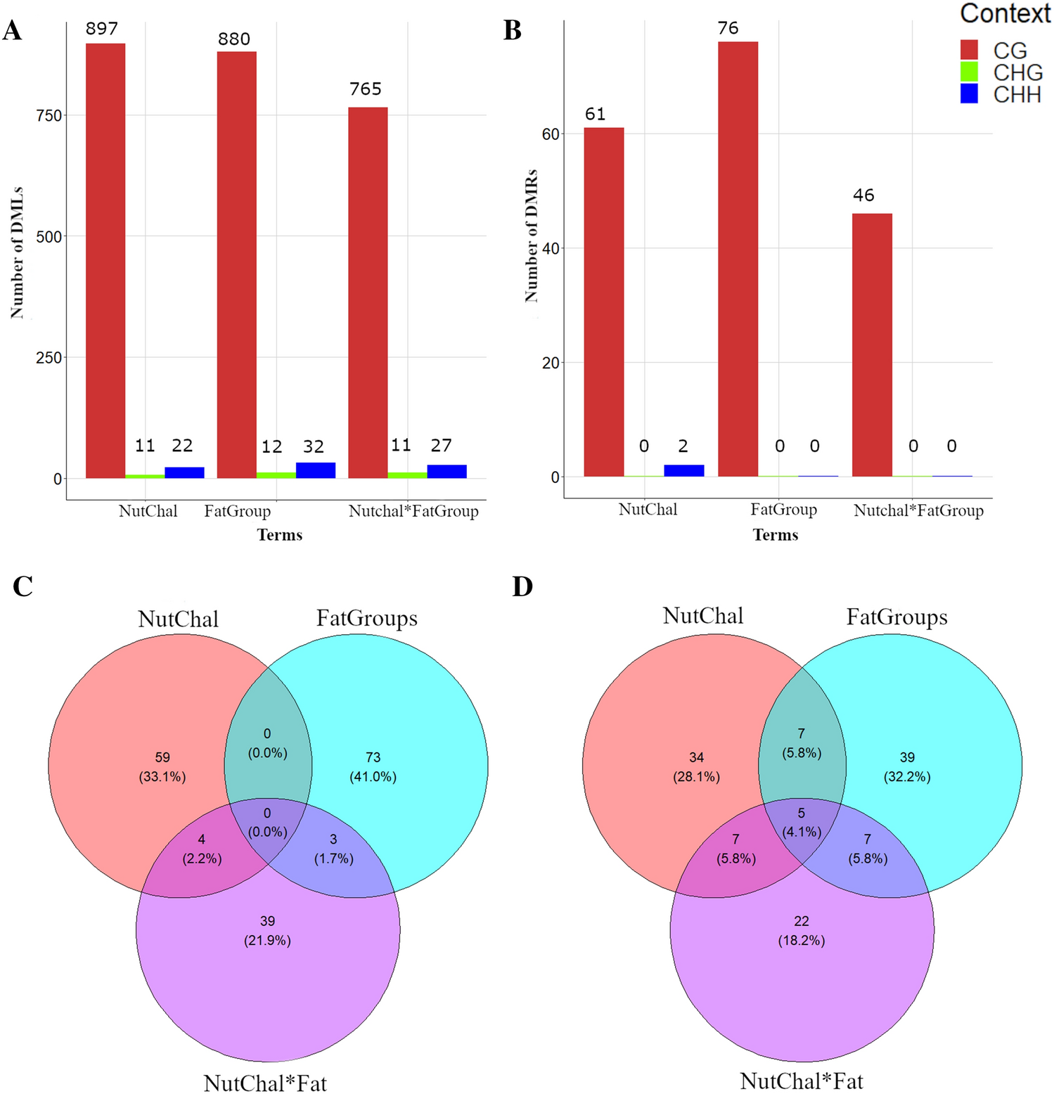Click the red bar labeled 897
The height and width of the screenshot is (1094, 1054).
(x=105, y=260)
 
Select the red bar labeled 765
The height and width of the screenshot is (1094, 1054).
(x=368, y=292)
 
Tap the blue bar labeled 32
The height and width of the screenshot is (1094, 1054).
(x=316, y=470)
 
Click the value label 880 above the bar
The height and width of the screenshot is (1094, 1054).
(x=234, y=39)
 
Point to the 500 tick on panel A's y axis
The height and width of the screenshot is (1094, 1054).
(x=49, y=236)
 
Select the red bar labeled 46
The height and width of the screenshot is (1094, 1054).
(x=872, y=345)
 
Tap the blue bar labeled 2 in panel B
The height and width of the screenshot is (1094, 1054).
(x=683, y=470)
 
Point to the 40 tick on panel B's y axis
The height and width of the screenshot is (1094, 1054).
(x=551, y=248)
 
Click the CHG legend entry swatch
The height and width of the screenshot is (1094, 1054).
(x=969, y=72)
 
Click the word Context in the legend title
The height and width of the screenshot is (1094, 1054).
(x=1005, y=13)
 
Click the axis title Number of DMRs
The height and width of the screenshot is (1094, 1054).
(x=532, y=236)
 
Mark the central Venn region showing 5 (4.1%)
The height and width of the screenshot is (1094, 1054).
(x=802, y=822)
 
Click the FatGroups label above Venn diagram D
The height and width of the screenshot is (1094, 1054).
(x=896, y=617)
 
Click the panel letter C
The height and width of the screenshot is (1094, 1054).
(x=23, y=586)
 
